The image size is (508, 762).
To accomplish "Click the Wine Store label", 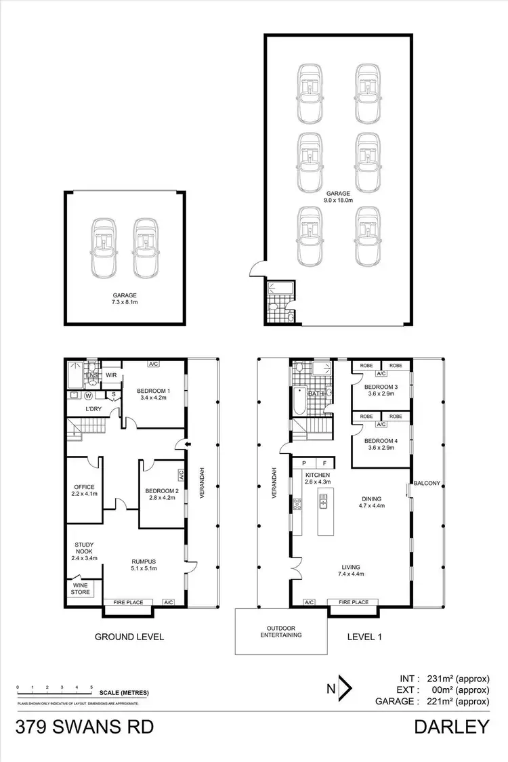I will (80, 588).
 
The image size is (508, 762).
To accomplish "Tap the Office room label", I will (84, 487).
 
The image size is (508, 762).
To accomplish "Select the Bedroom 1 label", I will (153, 391).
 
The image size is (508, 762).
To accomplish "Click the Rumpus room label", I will (144, 561).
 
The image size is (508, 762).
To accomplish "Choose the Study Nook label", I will (85, 549).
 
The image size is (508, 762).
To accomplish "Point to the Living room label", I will (351, 567).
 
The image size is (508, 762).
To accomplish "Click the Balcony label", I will (428, 483).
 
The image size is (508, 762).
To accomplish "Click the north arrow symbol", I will (343, 689).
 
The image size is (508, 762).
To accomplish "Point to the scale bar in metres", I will (54, 692).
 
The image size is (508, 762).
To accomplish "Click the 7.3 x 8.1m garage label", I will (125, 299).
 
